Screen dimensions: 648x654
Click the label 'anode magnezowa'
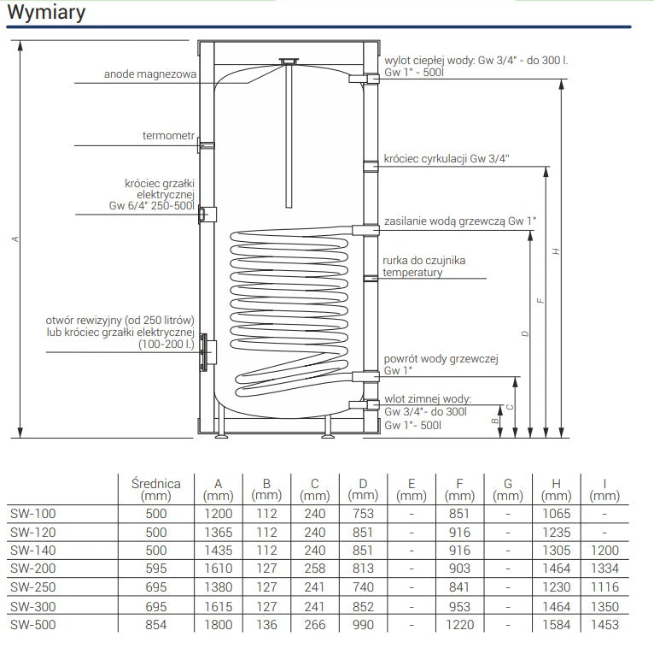point(150,74)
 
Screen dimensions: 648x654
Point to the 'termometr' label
point(168,136)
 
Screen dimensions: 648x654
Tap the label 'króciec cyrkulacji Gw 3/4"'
point(447,158)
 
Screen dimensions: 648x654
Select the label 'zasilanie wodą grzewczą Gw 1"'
point(460,221)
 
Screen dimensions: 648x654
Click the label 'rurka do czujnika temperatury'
point(424,266)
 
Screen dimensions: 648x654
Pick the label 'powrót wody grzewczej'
point(441,359)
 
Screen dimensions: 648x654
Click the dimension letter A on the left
point(15,239)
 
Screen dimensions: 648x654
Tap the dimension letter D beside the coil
point(525,333)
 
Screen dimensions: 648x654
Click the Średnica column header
point(156,488)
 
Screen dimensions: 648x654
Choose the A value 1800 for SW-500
point(218,625)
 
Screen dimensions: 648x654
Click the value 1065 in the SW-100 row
point(556,514)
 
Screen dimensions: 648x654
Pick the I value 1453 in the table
point(604,625)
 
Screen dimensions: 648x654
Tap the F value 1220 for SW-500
point(459,625)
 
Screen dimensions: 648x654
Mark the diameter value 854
point(156,625)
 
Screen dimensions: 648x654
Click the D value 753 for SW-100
point(363,514)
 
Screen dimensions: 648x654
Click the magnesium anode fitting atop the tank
point(289,62)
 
